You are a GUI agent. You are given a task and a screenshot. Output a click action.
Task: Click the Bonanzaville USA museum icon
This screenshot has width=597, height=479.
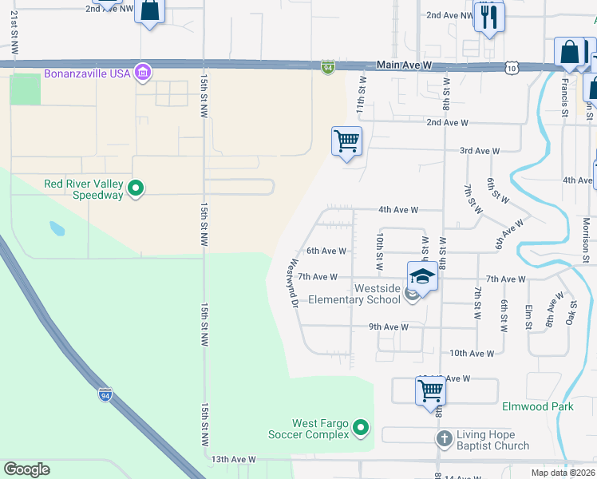pos(143,73)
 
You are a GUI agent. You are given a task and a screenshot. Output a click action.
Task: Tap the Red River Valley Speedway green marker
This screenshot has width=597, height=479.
pos(136,189)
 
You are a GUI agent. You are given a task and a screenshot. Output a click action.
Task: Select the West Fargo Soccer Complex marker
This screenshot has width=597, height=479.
pos(361,429)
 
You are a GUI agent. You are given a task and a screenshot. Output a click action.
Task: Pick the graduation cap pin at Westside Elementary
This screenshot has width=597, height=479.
pos(422,277)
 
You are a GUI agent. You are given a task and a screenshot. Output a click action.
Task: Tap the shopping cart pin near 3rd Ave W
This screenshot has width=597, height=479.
pos(346,142)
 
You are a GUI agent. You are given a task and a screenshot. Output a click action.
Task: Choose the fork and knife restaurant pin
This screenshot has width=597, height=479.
pos(488,16)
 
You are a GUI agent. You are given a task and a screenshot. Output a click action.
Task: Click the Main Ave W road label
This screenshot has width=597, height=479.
pos(406,67)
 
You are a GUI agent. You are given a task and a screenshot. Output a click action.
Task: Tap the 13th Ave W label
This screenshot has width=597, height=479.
pos(233,460)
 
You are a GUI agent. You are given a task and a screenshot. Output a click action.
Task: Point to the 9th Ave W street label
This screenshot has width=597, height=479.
pos(388,327)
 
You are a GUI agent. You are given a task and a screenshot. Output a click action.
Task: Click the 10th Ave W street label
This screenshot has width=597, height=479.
pos(472,353)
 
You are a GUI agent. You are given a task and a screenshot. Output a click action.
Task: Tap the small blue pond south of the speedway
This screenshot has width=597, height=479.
pos(57,228)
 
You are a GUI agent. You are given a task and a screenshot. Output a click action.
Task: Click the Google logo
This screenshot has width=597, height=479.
pos(26,469)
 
